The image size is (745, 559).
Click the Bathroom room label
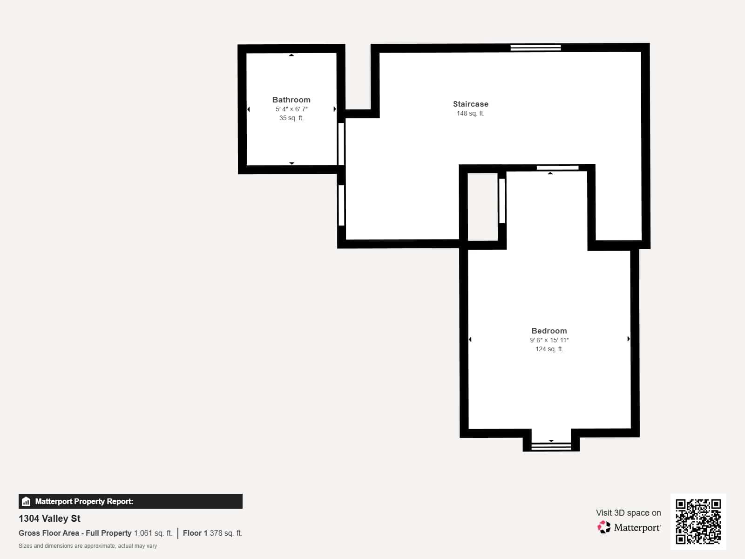[291, 100]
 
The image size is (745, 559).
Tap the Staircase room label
[470, 104]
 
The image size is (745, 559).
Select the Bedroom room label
[549, 331]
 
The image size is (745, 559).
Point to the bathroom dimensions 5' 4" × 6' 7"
[291, 109]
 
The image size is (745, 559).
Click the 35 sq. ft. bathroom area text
[291, 118]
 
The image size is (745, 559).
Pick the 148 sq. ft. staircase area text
[470, 113]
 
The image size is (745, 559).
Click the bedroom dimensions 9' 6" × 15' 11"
[549, 340]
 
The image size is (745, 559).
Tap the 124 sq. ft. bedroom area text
[549, 349]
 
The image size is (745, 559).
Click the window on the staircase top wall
[535, 48]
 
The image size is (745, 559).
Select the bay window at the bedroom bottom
[551, 446]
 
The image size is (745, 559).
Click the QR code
[698, 521]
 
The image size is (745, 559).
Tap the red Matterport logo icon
[604, 527]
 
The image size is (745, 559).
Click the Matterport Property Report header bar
[130, 501]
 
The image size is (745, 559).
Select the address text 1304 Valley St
[49, 518]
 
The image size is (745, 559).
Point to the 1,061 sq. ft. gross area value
[153, 533]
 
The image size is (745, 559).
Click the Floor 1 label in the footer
[195, 533]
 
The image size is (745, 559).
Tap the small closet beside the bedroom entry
[483, 206]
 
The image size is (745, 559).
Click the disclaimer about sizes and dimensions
[88, 546]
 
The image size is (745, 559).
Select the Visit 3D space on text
[628, 512]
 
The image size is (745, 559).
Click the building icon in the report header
[26, 501]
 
